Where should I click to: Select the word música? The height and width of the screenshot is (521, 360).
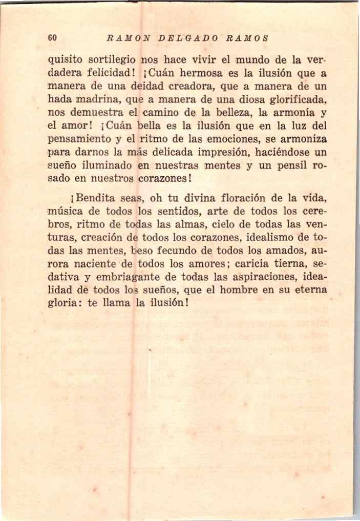(63, 211)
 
